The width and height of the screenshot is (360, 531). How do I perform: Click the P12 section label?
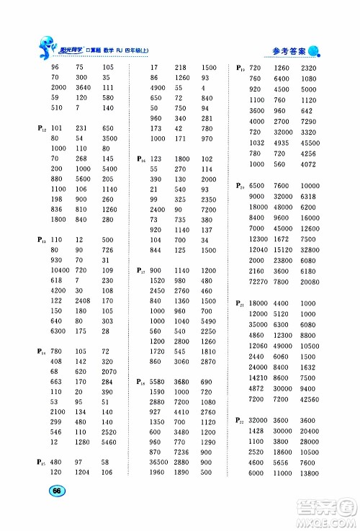[x=42, y=128]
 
